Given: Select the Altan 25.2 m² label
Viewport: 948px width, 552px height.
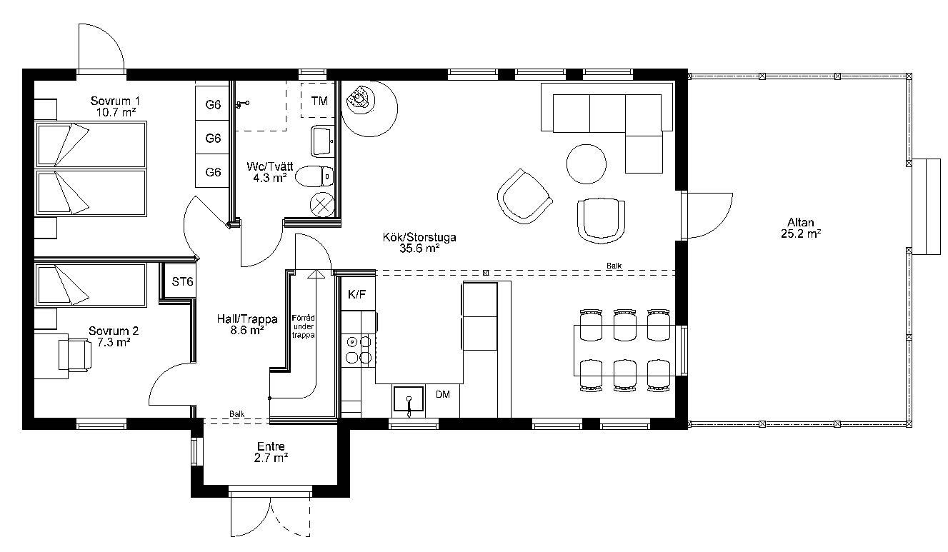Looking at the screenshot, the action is pos(801,228).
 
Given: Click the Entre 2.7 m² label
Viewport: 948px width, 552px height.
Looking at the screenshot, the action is pos(271,452).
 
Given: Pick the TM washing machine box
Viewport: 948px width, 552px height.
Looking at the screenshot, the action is pos(318,100).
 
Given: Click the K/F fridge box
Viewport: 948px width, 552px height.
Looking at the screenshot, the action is pos(358,294).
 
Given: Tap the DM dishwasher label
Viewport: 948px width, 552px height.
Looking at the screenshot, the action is pos(443,395).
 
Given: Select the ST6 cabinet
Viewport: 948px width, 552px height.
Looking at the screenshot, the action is pos(181,281).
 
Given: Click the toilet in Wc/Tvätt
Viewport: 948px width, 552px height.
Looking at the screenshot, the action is pos(314,176).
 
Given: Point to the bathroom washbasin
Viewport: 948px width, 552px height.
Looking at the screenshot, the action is pos(322,141).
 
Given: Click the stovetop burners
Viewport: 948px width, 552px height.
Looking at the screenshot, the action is pos(359,349).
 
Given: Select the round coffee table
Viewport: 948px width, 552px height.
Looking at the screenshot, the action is pos(586,164).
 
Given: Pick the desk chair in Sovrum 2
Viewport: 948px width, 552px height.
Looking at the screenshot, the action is pos(75,356).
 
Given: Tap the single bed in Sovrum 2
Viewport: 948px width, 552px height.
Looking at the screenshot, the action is pos(91,285).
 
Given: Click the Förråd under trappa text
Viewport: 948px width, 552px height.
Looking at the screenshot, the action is pos(304,326).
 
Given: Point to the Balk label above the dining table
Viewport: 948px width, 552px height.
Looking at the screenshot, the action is pos(614,266).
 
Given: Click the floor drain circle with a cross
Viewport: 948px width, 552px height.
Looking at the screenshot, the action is pos(322,205).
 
